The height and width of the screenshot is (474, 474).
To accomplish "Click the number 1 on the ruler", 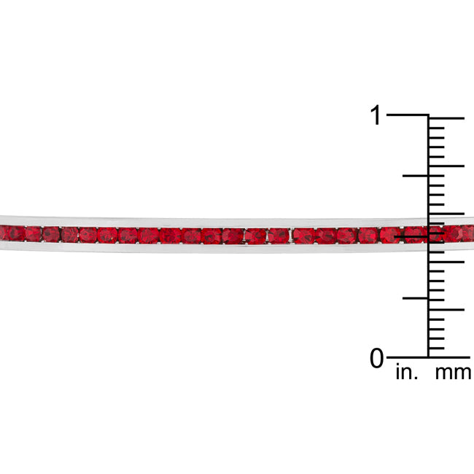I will [x=376, y=115].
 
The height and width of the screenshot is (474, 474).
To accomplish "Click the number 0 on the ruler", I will [x=376, y=358].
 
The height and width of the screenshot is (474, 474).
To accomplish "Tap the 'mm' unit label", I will [x=453, y=373].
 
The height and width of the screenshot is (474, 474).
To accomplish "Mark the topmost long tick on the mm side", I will [x=446, y=117].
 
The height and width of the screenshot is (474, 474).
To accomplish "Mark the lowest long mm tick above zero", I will [x=446, y=309].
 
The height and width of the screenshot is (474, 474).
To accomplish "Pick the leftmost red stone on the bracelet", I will [x=13, y=233].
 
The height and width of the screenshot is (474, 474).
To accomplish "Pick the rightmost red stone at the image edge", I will [x=468, y=233].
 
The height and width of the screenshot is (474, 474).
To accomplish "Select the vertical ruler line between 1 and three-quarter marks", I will [x=428, y=146].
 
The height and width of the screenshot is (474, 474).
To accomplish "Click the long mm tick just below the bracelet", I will [x=446, y=261].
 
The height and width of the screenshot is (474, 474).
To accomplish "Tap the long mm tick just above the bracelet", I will [x=446, y=213].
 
